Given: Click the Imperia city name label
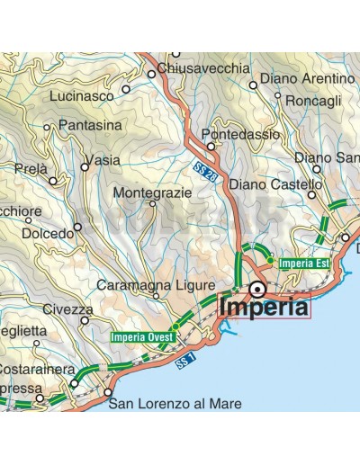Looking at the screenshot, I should tap(264, 307).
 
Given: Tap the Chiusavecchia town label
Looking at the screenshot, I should tap(202, 68).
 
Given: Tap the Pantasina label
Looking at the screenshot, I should tap(89, 126).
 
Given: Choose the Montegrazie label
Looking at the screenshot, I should tap(152, 192).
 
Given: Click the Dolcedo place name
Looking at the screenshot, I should tap(41, 233).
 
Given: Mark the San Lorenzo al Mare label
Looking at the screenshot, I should tap(175, 405).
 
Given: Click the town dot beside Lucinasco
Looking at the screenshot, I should tap(126, 89).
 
